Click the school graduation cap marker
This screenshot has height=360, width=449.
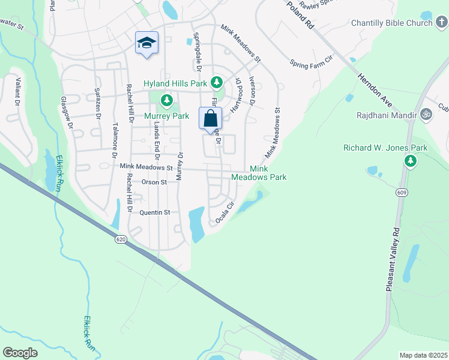click(x=146, y=43)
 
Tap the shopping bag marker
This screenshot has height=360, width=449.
click(x=211, y=118)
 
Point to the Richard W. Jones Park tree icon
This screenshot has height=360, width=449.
click(x=411, y=160)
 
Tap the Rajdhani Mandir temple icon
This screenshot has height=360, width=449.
click(x=426, y=113)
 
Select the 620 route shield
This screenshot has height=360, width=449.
click(x=121, y=239)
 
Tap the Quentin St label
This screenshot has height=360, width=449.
click(x=155, y=212)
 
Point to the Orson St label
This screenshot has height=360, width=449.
click(x=154, y=182)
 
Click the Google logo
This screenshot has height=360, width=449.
click(x=20, y=353)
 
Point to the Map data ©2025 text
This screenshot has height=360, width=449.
click(x=423, y=355)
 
